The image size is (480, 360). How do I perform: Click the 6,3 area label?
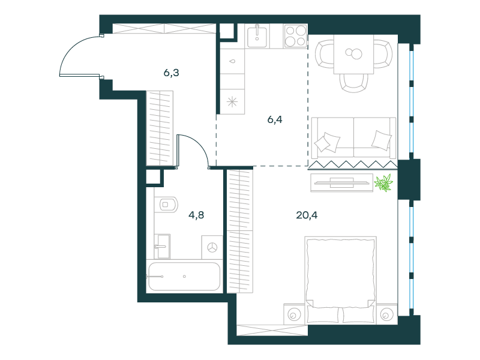(x=171, y=73)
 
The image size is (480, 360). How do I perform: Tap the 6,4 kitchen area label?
(x=275, y=119)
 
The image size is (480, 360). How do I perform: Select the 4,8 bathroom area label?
(x=196, y=215)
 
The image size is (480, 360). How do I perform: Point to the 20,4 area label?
(x=307, y=215)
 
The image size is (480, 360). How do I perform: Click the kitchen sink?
(x=257, y=36)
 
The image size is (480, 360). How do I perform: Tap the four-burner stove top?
(x=295, y=36)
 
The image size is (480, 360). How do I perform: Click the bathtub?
(x=184, y=277)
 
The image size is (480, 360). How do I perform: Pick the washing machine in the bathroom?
(x=212, y=247)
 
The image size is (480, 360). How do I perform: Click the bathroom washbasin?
(x=162, y=247)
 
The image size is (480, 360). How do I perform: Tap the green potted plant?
(x=383, y=183)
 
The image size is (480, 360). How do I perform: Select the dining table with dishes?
(x=353, y=54)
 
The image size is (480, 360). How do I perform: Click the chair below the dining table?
(x=353, y=83)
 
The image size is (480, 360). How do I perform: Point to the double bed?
(x=341, y=280)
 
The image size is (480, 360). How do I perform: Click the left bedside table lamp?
(x=293, y=314)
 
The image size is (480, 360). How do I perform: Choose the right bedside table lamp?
(x=386, y=314)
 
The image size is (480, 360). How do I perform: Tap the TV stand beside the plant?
(x=341, y=183)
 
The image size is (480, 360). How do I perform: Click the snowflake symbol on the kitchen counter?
(x=232, y=102)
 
